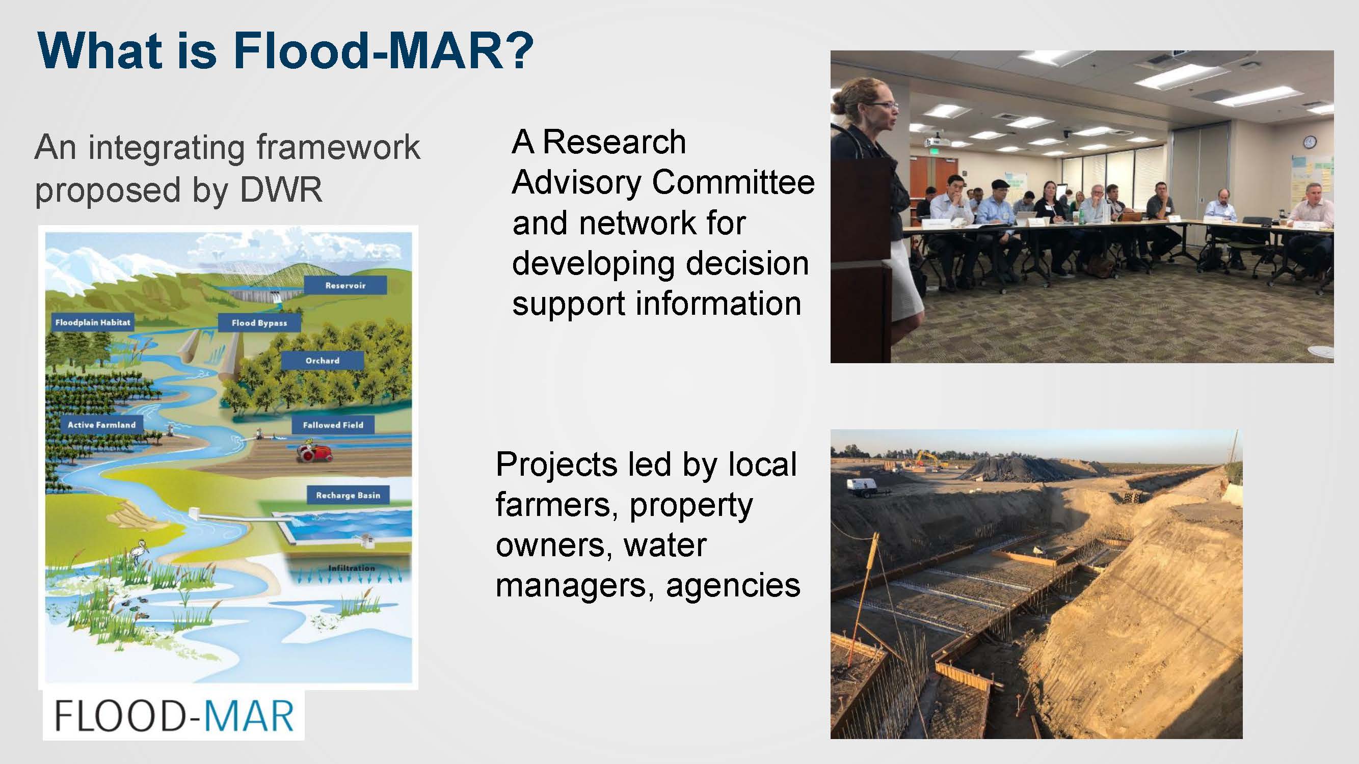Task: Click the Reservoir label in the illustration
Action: (345, 285)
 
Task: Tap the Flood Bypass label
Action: (259, 323)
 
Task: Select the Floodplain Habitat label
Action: (92, 322)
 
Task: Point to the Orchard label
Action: (323, 361)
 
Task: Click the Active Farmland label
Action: (101, 424)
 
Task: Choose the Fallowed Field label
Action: (333, 424)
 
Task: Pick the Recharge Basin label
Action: (348, 495)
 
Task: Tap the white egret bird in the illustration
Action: (141, 551)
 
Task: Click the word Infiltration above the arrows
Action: (352, 568)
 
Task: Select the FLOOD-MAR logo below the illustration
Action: (174, 716)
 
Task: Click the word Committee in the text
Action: (733, 182)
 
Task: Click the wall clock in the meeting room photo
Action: (1310, 142)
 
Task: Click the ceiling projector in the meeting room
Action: (935, 142)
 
